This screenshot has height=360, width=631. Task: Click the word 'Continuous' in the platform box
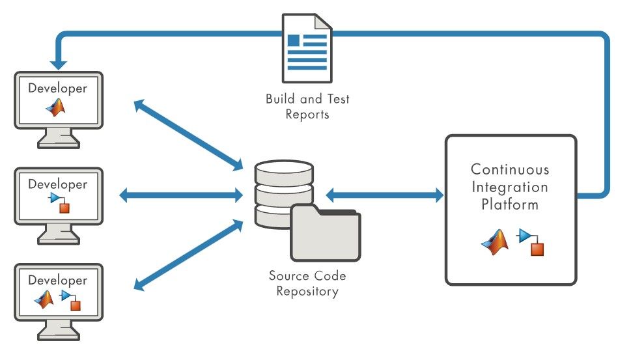510,170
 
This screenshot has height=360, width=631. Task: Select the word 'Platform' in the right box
510,204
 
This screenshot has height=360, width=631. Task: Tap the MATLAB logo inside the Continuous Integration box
494,242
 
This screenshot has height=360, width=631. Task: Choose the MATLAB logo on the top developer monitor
56,108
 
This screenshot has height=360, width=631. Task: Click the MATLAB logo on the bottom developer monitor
44,299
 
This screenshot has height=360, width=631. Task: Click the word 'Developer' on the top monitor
57,88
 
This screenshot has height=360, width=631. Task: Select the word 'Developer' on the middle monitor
57,184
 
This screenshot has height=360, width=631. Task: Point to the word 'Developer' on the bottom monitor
57,281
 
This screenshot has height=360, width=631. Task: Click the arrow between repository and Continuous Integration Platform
384,194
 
